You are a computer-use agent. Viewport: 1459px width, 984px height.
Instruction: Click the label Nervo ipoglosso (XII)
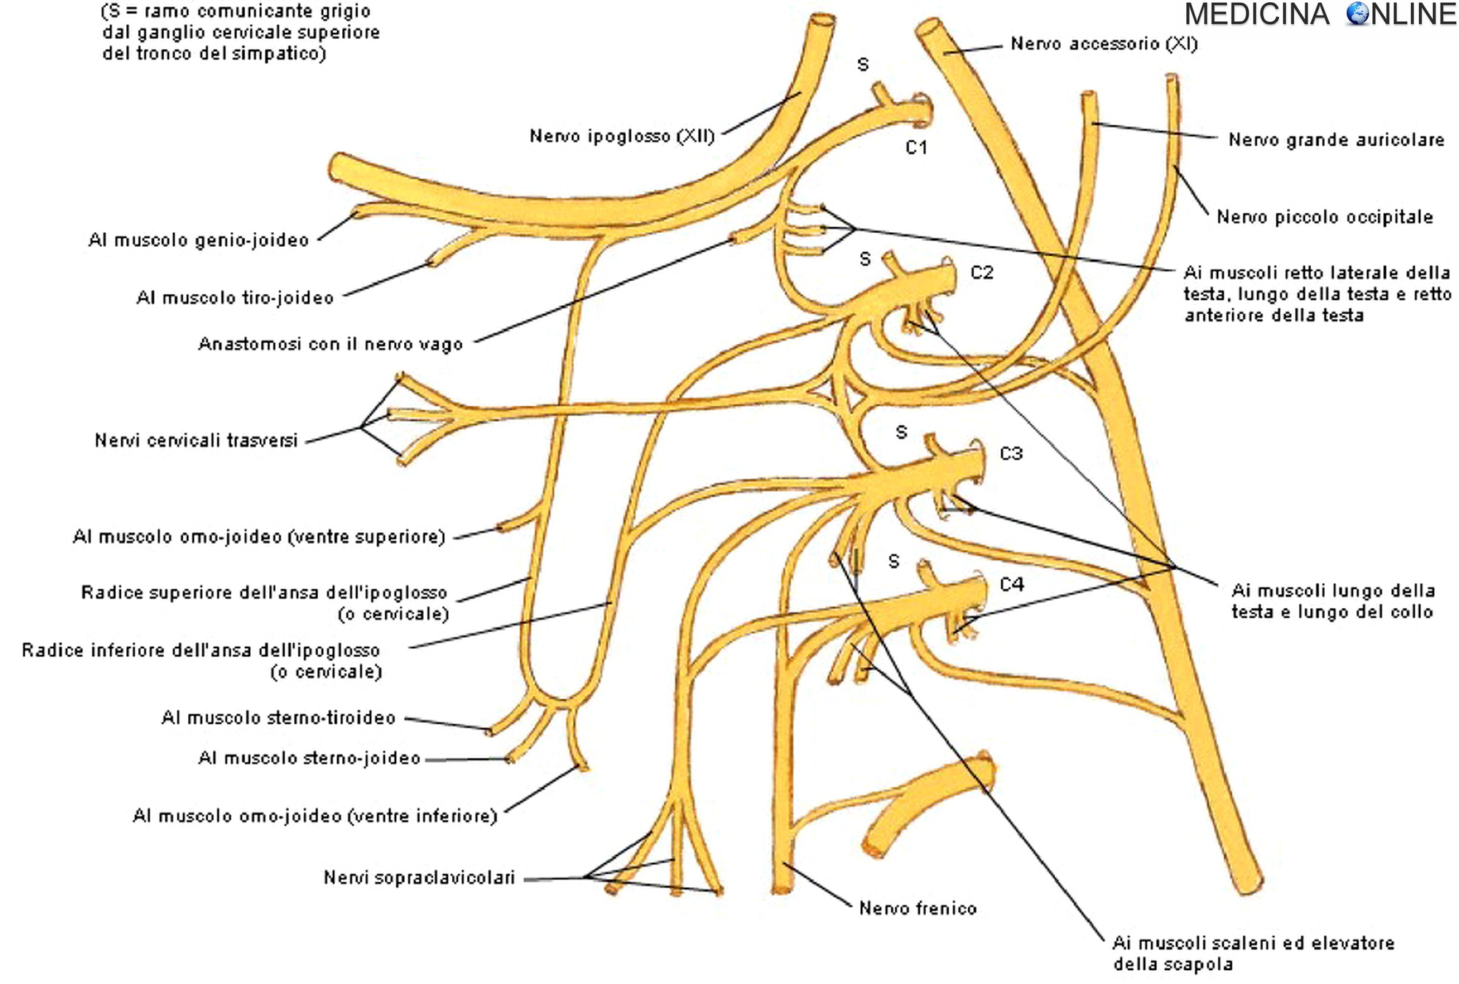pyautogui.click(x=622, y=137)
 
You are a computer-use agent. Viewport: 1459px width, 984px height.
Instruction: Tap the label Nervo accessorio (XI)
pyautogui.click(x=1104, y=44)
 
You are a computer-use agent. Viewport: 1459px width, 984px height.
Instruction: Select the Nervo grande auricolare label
pyautogui.click(x=1336, y=139)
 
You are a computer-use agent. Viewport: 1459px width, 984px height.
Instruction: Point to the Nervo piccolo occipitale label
pyautogui.click(x=1324, y=217)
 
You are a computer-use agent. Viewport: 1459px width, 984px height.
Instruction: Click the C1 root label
pyautogui.click(x=916, y=147)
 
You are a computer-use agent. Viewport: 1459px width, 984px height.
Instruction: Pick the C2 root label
pyautogui.click(x=982, y=272)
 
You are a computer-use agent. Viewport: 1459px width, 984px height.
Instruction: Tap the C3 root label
pyautogui.click(x=1011, y=453)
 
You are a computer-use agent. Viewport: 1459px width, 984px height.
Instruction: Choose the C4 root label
pyautogui.click(x=1012, y=584)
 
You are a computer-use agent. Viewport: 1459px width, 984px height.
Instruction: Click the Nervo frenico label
pyautogui.click(x=918, y=908)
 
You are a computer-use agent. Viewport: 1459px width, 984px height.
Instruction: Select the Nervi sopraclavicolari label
pyautogui.click(x=419, y=877)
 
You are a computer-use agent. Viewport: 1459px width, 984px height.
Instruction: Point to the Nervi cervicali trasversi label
pyautogui.click(x=196, y=440)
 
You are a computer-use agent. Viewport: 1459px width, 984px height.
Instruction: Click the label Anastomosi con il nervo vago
pyautogui.click(x=330, y=344)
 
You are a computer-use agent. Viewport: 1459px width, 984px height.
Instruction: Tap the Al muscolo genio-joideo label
pyautogui.click(x=198, y=240)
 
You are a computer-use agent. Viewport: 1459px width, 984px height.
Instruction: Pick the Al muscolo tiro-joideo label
pyautogui.click(x=235, y=298)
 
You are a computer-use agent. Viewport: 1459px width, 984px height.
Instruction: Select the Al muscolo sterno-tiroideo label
pyautogui.click(x=278, y=718)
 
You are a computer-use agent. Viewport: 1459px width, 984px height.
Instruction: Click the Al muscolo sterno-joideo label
pyautogui.click(x=309, y=758)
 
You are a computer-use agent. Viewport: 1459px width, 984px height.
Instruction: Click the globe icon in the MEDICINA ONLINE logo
pyautogui.click(x=1358, y=14)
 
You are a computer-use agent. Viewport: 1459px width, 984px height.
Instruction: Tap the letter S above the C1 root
pyautogui.click(x=863, y=65)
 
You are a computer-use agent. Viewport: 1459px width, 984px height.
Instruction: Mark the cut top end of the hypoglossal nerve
pyautogui.click(x=823, y=20)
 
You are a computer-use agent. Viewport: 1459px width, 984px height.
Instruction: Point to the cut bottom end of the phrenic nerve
pyautogui.click(x=782, y=889)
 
